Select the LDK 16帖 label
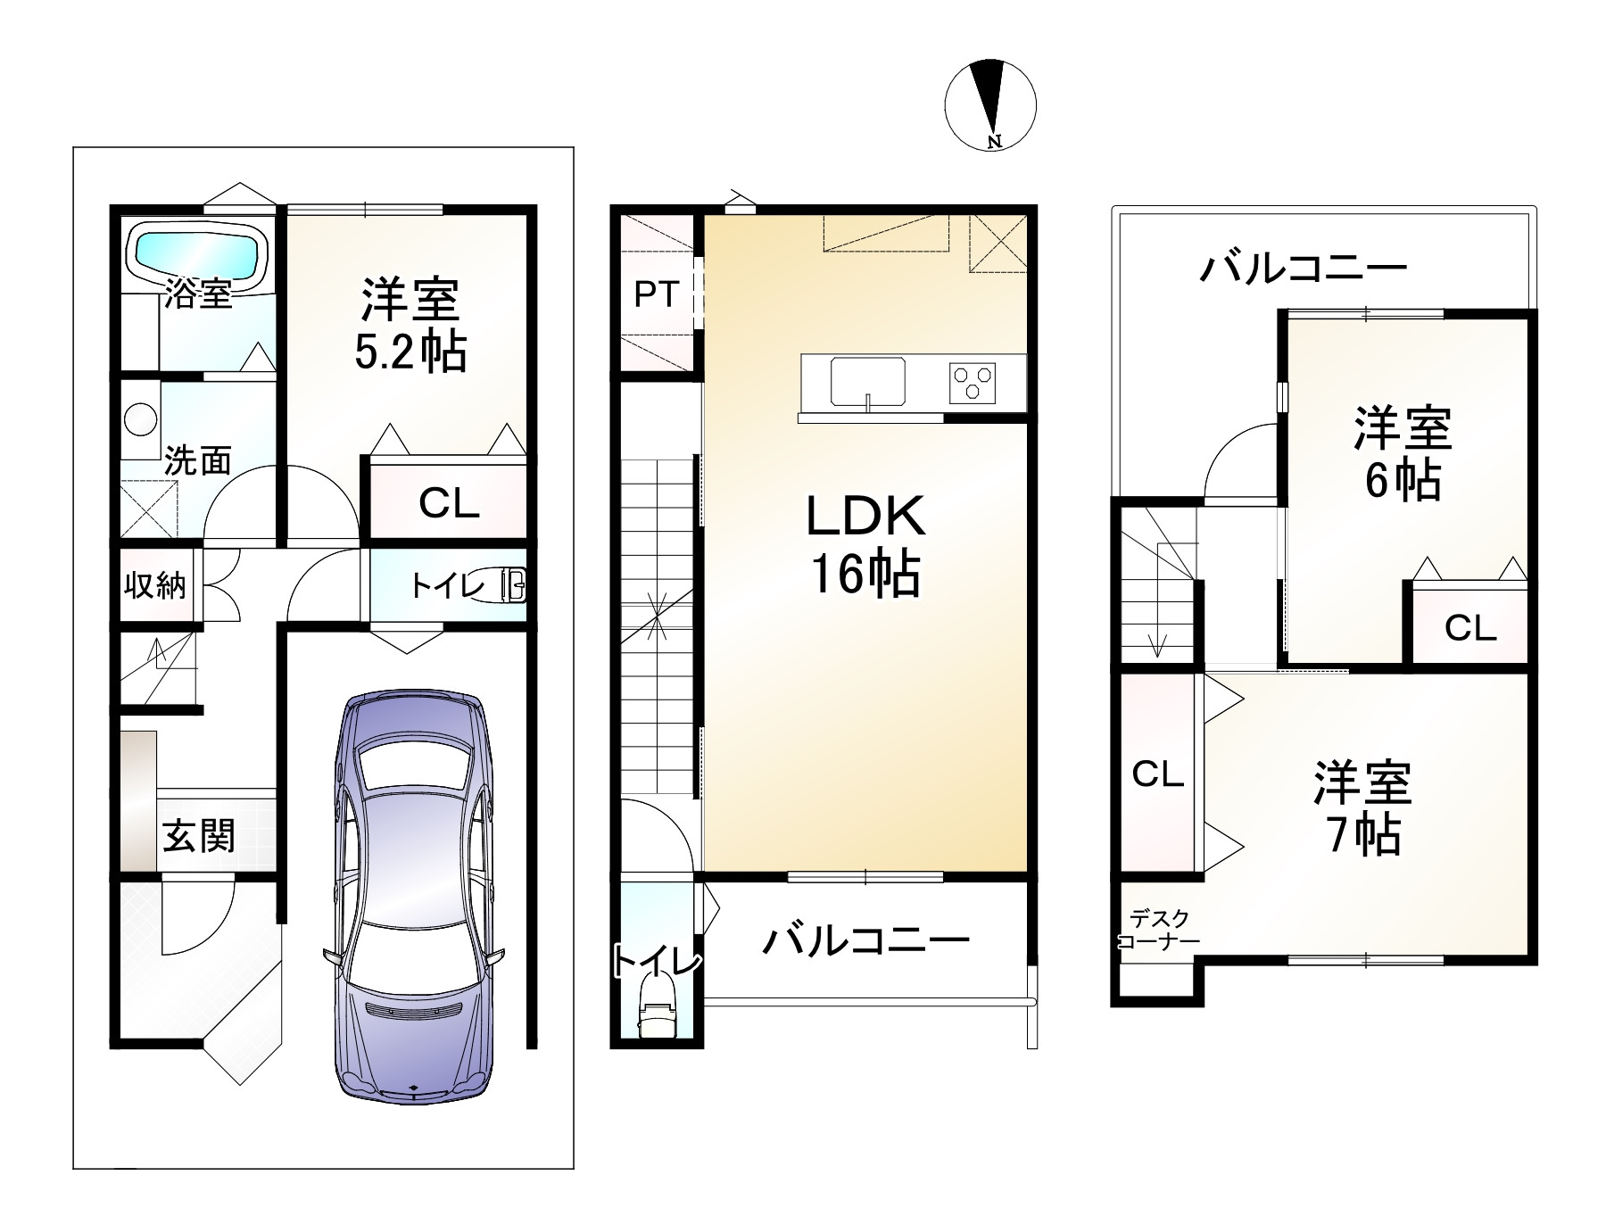click(x=865, y=544)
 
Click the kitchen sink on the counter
click(x=868, y=381)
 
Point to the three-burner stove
click(x=973, y=383)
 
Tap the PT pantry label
click(x=657, y=294)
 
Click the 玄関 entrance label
click(x=198, y=836)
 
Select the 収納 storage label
click(x=155, y=586)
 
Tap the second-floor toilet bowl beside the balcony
click(x=658, y=1016)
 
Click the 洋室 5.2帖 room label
click(x=410, y=326)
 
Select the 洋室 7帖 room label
click(x=1362, y=808)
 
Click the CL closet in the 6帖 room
click(x=1469, y=628)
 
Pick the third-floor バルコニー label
click(x=1303, y=268)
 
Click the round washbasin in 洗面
click(x=139, y=419)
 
